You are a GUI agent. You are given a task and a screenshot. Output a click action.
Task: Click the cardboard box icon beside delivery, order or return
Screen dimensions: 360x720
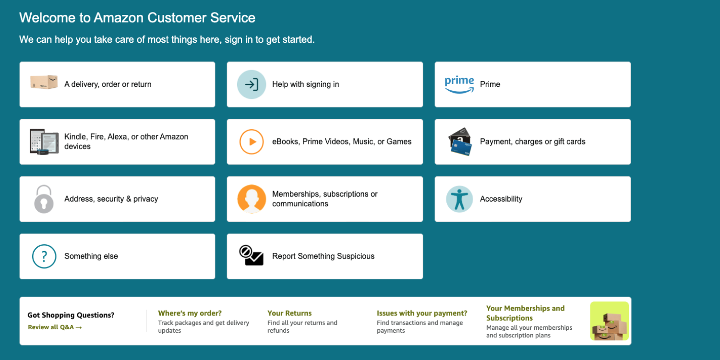pos(44,82)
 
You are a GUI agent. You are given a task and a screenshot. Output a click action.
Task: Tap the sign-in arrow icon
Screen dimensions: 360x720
pos(252,84)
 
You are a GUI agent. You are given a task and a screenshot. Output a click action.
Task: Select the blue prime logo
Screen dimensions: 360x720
pos(459,84)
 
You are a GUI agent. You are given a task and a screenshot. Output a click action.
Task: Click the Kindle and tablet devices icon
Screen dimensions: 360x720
pos(44,142)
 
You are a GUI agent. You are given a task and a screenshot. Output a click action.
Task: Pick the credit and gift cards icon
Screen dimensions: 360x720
pos(460,142)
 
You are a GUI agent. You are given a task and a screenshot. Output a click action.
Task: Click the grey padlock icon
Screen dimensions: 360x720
pos(44,199)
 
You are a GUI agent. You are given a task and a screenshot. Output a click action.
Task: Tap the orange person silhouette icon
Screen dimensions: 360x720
pos(252,199)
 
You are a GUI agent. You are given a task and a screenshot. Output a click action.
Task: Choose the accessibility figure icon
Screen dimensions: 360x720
pos(459,199)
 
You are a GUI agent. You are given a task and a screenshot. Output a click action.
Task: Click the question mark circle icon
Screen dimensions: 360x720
pos(44,256)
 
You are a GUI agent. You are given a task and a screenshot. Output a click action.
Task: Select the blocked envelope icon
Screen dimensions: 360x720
pos(252,256)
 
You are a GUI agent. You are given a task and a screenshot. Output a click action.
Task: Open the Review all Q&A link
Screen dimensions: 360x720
pos(55,327)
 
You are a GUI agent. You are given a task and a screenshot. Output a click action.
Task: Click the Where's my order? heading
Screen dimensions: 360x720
pos(190,313)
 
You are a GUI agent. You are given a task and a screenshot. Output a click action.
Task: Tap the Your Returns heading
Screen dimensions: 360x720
pos(289,313)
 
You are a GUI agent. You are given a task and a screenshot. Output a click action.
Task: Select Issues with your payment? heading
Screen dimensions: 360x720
pos(421,313)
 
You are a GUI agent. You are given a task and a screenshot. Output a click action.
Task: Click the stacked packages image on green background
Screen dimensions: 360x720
pos(609,321)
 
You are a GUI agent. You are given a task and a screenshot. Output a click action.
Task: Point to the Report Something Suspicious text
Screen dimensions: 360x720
pos(323,256)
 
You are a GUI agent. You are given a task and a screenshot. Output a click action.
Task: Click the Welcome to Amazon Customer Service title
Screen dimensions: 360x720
pos(137,18)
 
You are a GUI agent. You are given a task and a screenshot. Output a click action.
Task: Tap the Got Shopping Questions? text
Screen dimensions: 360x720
pos(71,315)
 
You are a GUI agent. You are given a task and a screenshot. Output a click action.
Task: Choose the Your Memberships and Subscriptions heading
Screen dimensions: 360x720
pos(525,313)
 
